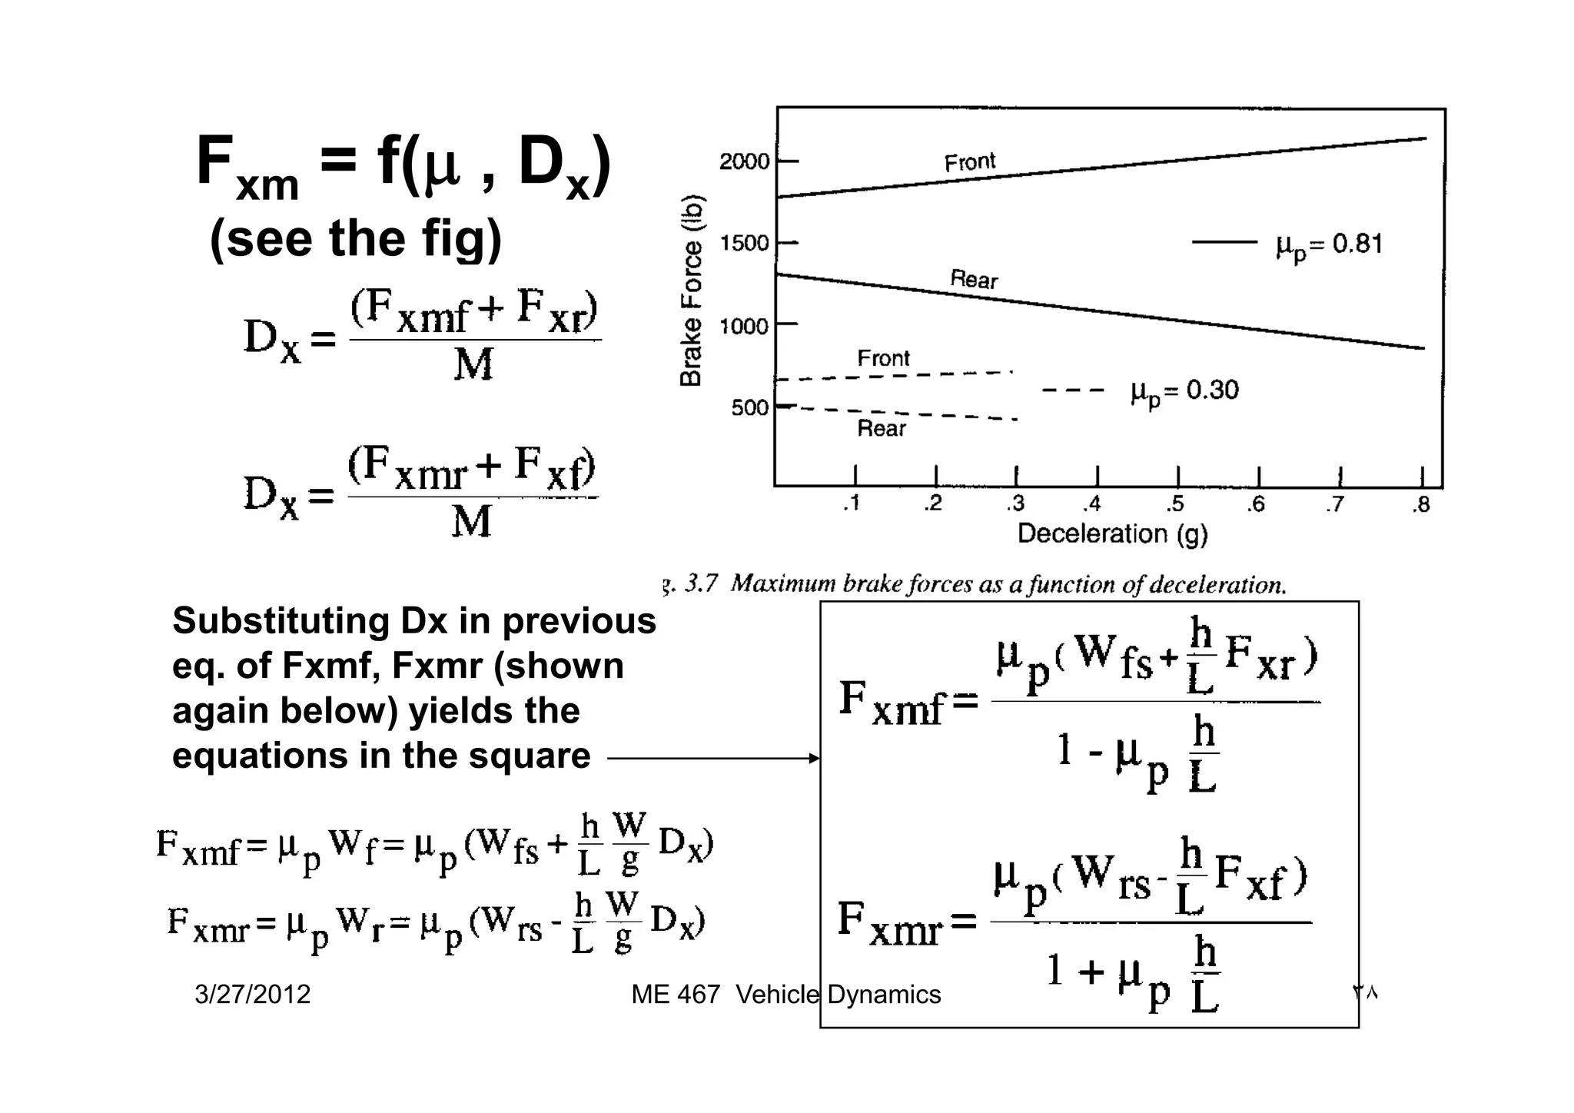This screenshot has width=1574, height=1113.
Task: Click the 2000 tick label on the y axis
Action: (744, 162)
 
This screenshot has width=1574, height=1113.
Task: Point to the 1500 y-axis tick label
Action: (744, 244)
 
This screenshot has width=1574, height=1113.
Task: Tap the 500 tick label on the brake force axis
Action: (749, 407)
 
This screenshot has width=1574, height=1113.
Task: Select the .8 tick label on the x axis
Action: (1421, 505)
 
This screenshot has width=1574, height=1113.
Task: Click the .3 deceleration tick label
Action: (1015, 504)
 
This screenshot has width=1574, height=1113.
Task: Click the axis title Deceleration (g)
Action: (1112, 533)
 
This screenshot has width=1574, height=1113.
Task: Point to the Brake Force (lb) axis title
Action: (691, 289)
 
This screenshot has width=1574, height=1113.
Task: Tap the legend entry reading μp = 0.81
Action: (1329, 245)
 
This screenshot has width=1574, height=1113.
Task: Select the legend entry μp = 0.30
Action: (1184, 391)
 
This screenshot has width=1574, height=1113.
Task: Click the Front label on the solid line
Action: (970, 162)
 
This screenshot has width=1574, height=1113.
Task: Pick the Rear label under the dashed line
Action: (882, 428)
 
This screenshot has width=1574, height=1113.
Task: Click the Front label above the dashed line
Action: (883, 358)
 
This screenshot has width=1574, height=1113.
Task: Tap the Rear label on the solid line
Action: (974, 279)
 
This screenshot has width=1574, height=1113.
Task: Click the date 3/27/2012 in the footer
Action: (253, 995)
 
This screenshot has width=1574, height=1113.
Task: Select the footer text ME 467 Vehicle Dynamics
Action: (785, 995)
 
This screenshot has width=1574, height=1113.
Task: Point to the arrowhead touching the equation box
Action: (815, 759)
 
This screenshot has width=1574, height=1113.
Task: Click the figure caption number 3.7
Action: (700, 584)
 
